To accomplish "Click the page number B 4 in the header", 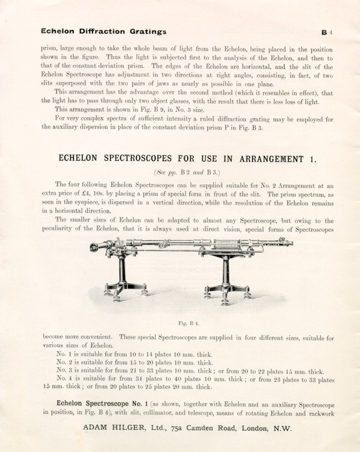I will pos(328,32).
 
